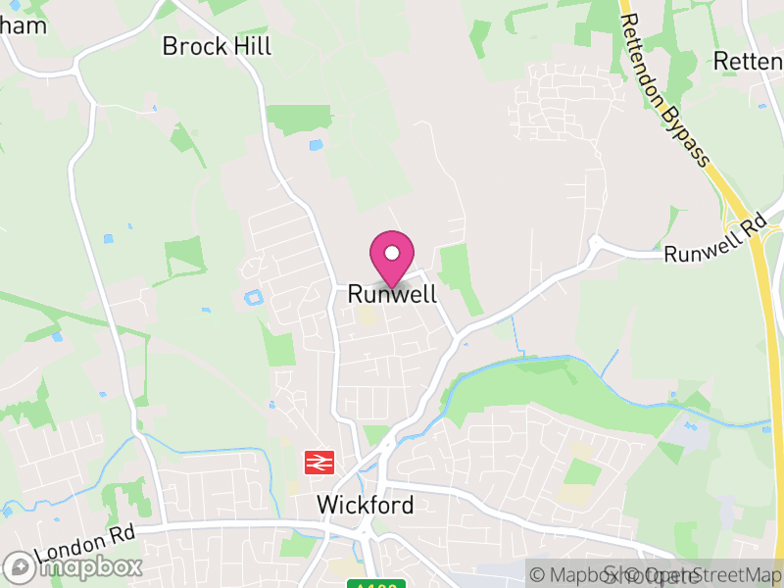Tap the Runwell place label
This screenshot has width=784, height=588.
click(392, 294)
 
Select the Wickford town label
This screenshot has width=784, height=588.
click(366, 505)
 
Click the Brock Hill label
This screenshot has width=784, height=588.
click(217, 46)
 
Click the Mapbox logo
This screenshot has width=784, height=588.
click(73, 566)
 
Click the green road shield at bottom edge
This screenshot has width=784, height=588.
click(376, 584)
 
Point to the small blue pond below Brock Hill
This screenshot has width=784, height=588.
click(315, 145)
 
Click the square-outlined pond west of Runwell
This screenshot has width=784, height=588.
click(254, 296)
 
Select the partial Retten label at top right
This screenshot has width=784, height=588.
click(748, 61)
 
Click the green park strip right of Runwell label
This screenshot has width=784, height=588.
click(457, 275)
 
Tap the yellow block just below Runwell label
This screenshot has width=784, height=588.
click(367, 316)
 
